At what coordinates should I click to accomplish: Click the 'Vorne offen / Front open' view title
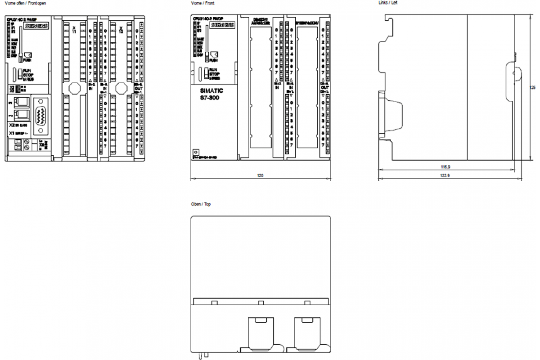(x=25, y=3)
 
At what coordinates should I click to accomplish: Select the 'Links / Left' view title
(x=388, y=3)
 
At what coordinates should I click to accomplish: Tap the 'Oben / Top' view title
(x=201, y=204)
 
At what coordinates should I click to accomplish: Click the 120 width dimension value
(x=260, y=175)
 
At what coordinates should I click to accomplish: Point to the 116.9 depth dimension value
(x=445, y=167)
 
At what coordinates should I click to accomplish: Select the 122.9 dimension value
(x=445, y=175)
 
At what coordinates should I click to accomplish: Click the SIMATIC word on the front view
(x=211, y=90)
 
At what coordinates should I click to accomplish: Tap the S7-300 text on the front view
(x=211, y=98)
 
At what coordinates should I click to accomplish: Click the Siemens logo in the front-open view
(x=37, y=26)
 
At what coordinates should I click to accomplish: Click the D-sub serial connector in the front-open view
(x=42, y=117)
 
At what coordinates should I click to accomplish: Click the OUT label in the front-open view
(x=139, y=88)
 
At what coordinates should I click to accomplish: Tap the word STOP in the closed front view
(x=213, y=74)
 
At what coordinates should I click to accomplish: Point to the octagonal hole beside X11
(x=74, y=88)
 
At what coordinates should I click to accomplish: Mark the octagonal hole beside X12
(x=121, y=88)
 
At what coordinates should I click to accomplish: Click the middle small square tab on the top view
(x=260, y=302)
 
